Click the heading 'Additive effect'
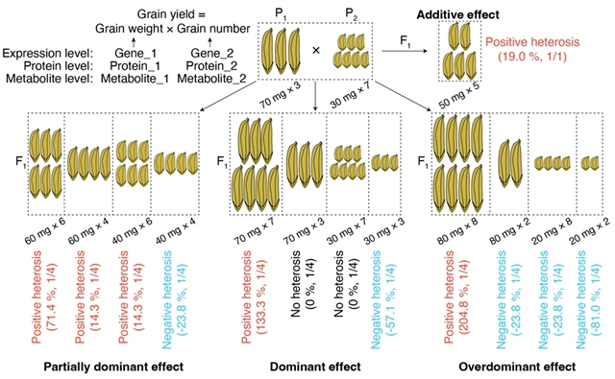coord(457,15)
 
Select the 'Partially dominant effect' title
coord(113,367)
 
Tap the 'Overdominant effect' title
coord(517,367)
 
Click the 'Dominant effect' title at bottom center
coord(315,367)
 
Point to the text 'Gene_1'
coord(135,53)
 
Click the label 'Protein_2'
coord(211,66)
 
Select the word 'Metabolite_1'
coord(135,79)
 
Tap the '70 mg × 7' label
coord(254,230)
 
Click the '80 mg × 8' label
coord(457,230)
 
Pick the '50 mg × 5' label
coord(459,96)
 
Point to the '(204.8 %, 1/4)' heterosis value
coord(464,297)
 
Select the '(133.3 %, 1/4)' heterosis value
coord(261,297)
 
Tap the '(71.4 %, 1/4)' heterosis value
coord(52,296)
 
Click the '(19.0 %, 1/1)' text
coord(532,57)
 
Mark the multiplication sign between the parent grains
coord(316,51)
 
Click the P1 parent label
coord(281,14)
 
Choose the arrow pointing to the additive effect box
coord(405,51)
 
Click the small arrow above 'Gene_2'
coord(209,41)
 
